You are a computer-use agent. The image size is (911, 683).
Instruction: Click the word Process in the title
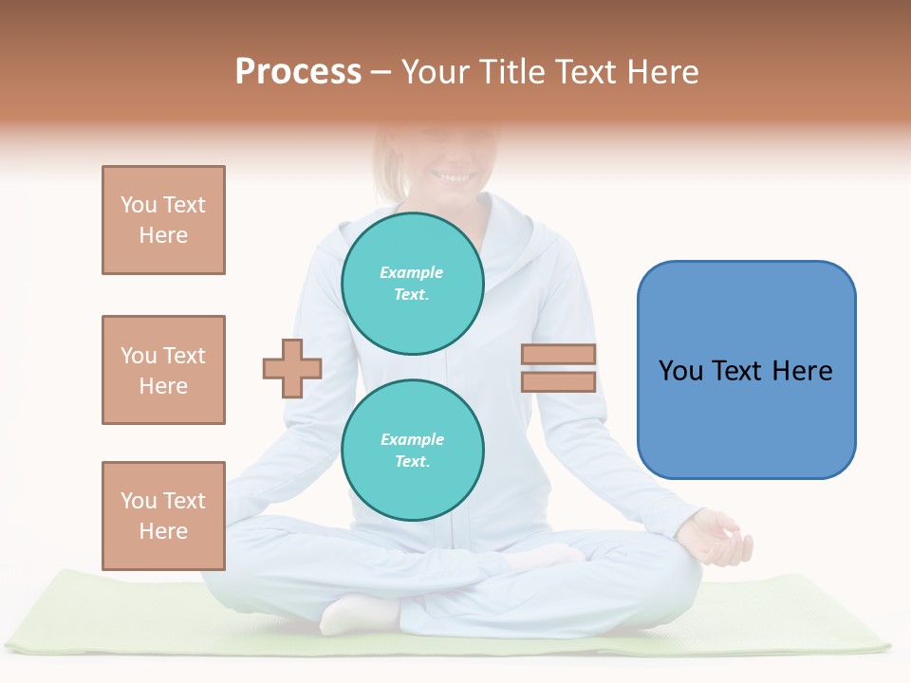[298, 72]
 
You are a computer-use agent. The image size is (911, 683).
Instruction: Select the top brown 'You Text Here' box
[163, 220]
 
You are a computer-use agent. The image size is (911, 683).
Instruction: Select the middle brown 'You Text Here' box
[163, 370]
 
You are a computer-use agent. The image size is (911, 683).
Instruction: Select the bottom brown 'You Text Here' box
[163, 515]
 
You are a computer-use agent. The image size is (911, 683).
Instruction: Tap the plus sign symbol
[292, 368]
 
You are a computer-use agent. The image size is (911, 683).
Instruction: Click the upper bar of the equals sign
[558, 355]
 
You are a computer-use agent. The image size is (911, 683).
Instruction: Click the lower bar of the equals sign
[558, 382]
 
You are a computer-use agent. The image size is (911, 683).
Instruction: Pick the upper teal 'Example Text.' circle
[413, 284]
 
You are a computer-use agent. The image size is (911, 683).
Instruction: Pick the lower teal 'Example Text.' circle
[413, 451]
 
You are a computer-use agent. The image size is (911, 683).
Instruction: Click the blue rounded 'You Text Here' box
[746, 370]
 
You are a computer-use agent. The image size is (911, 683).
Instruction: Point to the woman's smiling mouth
[455, 176]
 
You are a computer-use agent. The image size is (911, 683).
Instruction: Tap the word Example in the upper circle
[412, 272]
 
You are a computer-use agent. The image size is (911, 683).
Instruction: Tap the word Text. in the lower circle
[412, 462]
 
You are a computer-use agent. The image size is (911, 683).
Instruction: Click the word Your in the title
[437, 72]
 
